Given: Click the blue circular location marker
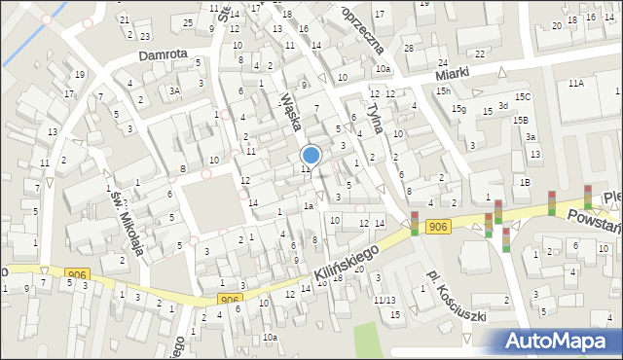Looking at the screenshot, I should click(311, 155).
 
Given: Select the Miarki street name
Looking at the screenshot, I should click(453, 73).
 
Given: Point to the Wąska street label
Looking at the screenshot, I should click(290, 111).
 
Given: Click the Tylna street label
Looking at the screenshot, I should click(378, 115).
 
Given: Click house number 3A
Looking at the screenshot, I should click(174, 90).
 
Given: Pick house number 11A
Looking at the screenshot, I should click(576, 84).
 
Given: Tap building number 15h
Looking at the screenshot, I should click(443, 90).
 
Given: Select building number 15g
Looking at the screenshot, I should click(458, 109).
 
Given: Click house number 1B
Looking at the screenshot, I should click(525, 182).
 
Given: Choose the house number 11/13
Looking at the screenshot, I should click(385, 300).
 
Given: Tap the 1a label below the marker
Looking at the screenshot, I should click(308, 205).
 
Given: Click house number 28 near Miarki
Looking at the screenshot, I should click(410, 48).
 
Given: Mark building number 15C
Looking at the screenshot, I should click(523, 96).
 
